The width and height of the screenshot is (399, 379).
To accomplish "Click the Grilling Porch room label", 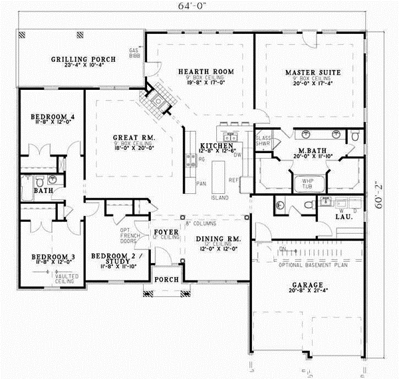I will point(83,59).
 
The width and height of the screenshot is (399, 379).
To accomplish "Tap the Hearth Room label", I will point(199,71).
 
